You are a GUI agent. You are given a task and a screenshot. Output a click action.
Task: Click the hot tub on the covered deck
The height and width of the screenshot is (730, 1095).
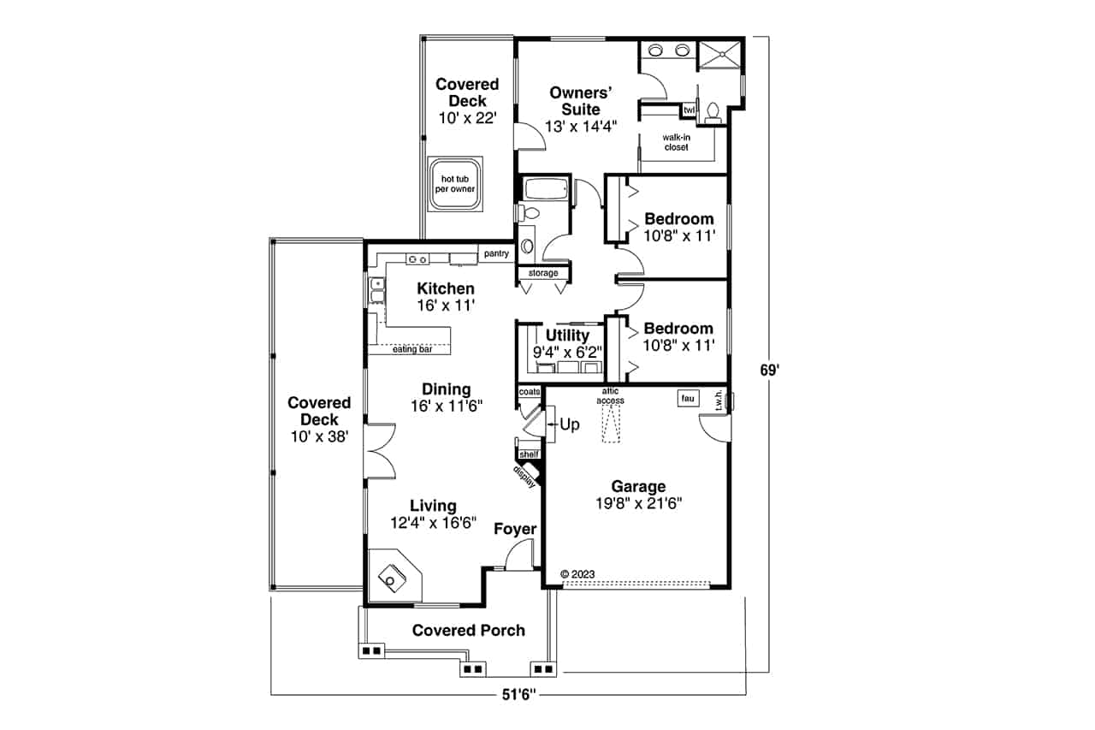tap(455, 184)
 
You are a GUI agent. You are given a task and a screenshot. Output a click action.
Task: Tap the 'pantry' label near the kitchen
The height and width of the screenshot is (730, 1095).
tap(496, 253)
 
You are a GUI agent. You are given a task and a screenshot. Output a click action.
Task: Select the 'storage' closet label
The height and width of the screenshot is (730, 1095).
tap(543, 273)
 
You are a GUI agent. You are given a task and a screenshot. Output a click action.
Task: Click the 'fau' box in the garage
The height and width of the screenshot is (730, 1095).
tap(688, 398)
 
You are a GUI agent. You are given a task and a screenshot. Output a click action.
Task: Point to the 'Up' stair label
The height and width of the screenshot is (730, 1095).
tap(570, 424)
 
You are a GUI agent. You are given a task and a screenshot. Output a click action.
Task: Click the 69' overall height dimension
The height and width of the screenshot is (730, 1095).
tap(769, 371)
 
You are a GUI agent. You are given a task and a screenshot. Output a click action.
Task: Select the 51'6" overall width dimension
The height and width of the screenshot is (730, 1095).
tap(518, 695)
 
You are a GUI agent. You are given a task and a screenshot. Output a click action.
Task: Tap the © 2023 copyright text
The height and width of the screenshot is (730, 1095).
tap(577, 574)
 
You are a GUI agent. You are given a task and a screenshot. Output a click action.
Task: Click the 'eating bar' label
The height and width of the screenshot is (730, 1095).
tap(412, 349)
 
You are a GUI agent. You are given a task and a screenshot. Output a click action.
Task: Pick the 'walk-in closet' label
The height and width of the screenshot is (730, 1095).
tap(677, 142)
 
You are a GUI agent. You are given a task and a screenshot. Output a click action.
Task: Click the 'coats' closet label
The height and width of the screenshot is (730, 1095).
tap(530, 392)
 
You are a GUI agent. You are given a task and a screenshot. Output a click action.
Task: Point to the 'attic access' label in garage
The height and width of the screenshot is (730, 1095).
tap(611, 395)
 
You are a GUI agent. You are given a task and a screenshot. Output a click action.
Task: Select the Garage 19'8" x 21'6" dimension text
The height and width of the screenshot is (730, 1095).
tap(638, 503)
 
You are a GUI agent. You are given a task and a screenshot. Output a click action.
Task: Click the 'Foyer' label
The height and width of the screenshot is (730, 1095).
tap(515, 529)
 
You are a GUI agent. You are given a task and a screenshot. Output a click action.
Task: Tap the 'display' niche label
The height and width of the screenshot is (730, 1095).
tap(524, 477)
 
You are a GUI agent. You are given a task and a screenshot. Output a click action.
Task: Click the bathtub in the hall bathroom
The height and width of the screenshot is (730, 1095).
tap(546, 189)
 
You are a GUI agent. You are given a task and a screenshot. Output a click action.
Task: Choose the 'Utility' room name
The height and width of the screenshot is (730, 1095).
tap(567, 335)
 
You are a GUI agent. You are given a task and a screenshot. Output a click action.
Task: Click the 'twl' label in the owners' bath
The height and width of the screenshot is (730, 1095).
tap(689, 110)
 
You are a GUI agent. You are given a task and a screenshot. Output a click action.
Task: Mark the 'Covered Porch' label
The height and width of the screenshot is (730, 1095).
tap(468, 630)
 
